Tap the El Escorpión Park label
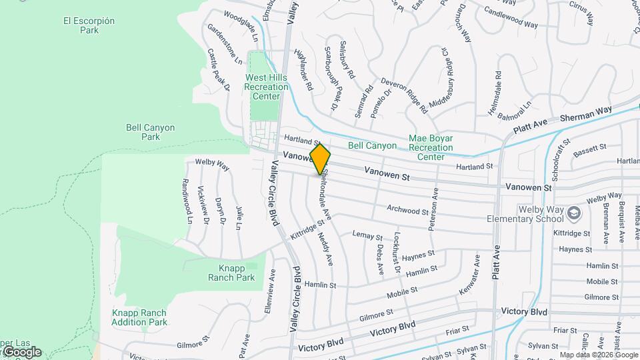tap(89, 25)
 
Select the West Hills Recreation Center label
tap(266, 87)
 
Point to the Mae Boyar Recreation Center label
tap(431, 147)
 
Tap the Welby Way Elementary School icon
tap(575, 213)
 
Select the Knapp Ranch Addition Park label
tap(139, 317)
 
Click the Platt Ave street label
tap(496, 262)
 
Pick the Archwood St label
tap(407, 211)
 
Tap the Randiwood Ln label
tap(188, 200)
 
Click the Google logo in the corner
tap(21, 352)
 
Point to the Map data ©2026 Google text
tap(599, 355)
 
